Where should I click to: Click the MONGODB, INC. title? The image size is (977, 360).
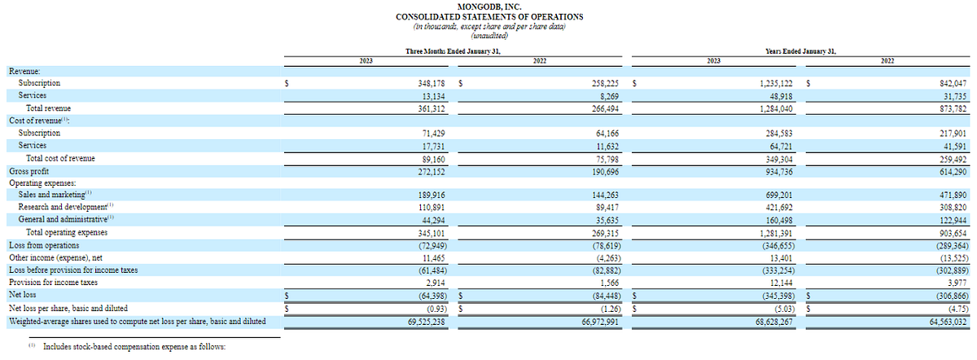point(488,7)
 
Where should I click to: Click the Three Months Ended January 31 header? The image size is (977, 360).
point(452,51)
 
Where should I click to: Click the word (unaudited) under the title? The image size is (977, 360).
point(488,34)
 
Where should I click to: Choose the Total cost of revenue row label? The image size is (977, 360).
point(60,159)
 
